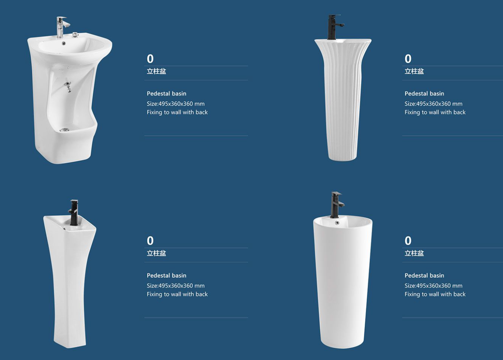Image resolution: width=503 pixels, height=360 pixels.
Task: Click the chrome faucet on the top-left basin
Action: [61, 27]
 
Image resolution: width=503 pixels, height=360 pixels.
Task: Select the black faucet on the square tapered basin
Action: [74, 213]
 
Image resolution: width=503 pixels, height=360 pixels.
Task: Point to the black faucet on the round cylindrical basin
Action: [336, 205]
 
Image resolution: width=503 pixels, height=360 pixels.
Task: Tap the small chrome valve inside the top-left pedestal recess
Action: [67, 87]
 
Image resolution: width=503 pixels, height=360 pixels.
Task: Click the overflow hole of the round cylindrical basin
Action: [337, 223]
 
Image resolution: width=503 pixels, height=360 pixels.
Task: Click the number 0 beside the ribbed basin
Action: [408, 59]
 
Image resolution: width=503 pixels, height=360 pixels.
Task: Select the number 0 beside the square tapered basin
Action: [150, 241]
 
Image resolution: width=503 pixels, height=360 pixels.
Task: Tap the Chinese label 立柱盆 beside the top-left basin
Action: [157, 71]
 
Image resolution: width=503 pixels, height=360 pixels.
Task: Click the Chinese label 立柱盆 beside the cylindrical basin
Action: [414, 253]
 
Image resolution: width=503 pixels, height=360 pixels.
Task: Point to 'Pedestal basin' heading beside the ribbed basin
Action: [424, 94]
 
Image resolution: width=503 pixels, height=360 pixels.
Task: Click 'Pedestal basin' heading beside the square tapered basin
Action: [167, 276]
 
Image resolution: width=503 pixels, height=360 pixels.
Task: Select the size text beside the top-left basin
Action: [175, 104]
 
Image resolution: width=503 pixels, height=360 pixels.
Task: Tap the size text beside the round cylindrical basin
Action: [434, 286]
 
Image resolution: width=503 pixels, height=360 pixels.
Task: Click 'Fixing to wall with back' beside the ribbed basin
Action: [435, 112]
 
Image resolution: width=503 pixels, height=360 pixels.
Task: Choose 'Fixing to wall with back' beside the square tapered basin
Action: [177, 294]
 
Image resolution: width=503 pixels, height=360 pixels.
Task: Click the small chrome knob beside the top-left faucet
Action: [74, 35]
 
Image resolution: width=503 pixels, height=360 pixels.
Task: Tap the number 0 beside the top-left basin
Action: [150, 59]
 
